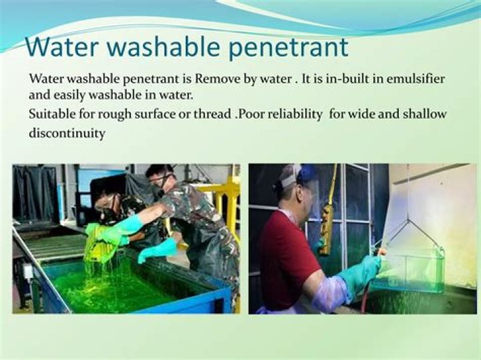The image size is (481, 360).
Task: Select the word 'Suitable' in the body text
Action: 50,114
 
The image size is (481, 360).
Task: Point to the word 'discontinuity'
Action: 67,134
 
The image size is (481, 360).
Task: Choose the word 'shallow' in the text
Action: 424,114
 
